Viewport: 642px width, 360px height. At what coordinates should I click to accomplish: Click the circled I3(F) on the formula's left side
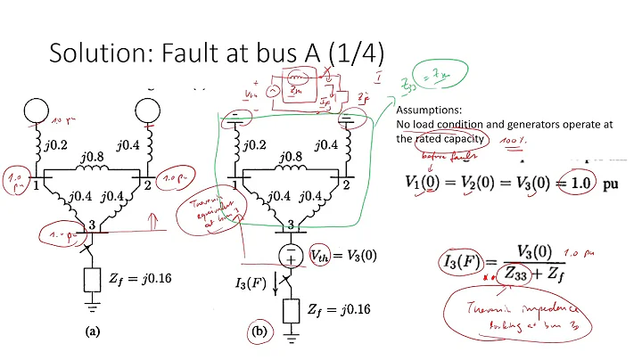click(467, 262)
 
